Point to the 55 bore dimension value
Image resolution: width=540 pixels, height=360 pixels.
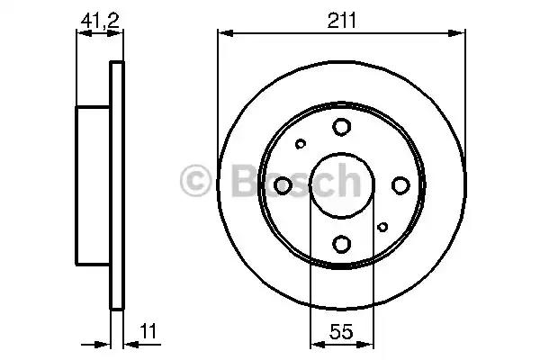(341, 330)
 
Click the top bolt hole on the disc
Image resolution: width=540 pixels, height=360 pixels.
(342, 128)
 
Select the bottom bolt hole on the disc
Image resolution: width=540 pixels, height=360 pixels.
(342, 242)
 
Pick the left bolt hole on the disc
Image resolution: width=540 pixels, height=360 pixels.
(283, 185)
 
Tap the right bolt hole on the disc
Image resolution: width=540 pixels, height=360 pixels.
(400, 185)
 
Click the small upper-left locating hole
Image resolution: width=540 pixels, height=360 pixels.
(301, 143)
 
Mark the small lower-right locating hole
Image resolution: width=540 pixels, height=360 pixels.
(382, 227)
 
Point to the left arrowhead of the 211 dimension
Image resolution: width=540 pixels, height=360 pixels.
(223, 34)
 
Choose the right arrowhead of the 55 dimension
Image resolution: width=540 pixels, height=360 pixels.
(369, 342)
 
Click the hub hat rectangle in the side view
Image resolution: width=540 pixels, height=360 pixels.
(93, 184)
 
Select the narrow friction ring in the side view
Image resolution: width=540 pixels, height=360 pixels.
(116, 184)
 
